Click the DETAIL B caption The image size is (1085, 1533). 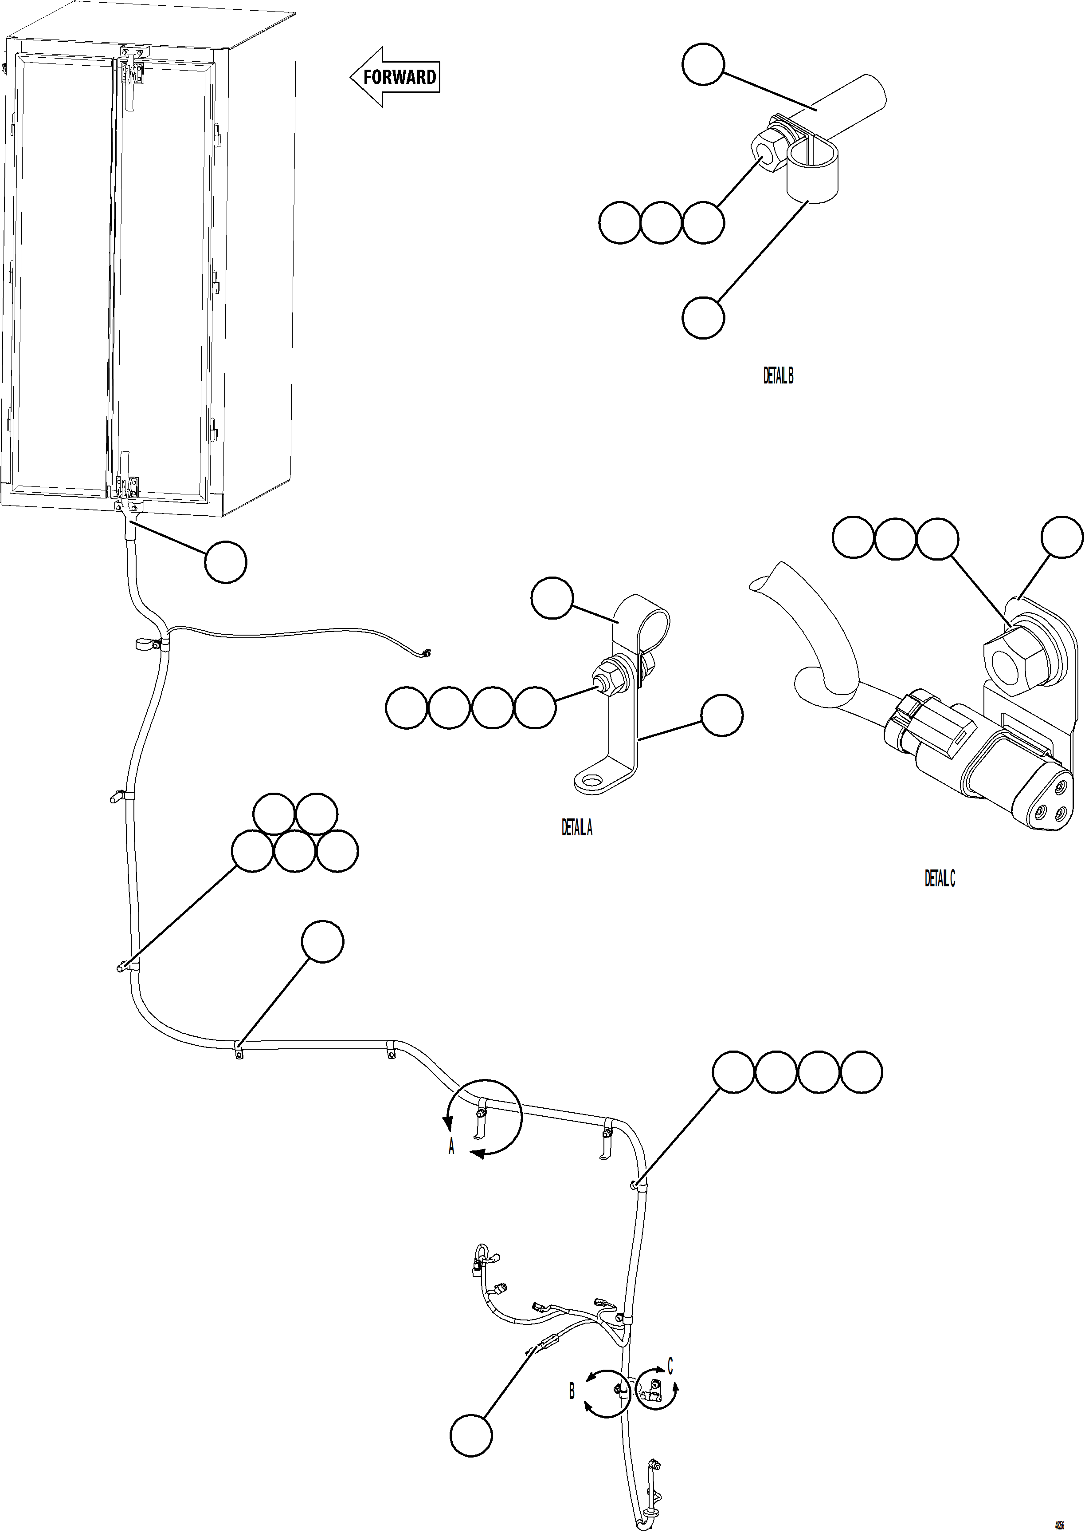click(778, 376)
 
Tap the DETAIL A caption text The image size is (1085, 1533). click(576, 828)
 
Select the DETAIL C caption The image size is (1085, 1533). click(940, 878)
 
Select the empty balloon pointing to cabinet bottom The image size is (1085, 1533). click(225, 561)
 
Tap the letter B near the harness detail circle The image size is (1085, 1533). click(572, 1391)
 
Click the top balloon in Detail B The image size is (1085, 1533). click(703, 64)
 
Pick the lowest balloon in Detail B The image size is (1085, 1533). click(703, 318)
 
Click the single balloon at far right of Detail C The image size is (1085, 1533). click(1062, 536)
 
